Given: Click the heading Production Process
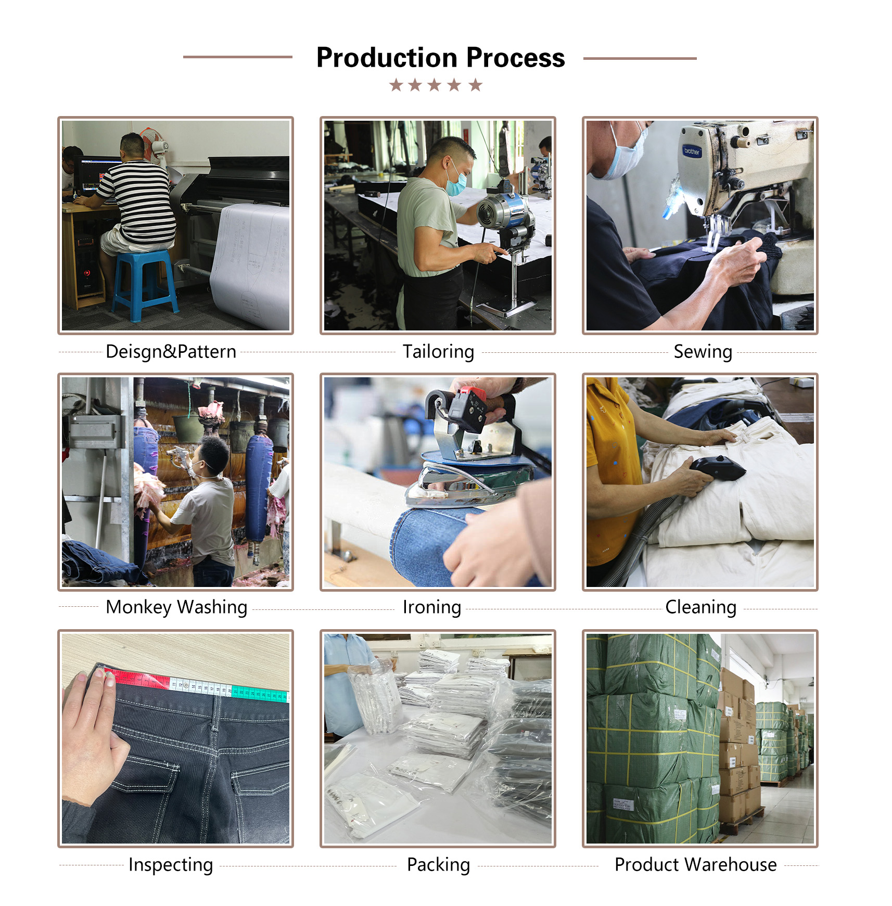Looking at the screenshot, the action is coord(440,57).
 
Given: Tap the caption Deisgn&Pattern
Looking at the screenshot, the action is coord(171,352).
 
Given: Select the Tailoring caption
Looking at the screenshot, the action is coord(438,352).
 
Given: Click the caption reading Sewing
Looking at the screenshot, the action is coord(703,352).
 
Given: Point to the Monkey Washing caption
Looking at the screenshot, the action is coord(176,607).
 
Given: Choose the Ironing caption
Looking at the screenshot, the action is coord(431,607).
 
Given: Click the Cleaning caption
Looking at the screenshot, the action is coord(700,607).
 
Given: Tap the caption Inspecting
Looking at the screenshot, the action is coord(171,864).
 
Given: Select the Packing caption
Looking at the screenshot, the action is coord(438,864).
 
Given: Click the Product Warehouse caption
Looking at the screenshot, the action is coord(695,864).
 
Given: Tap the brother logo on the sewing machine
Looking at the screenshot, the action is coord(692,151).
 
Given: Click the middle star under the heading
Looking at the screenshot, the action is coord(435,85).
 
